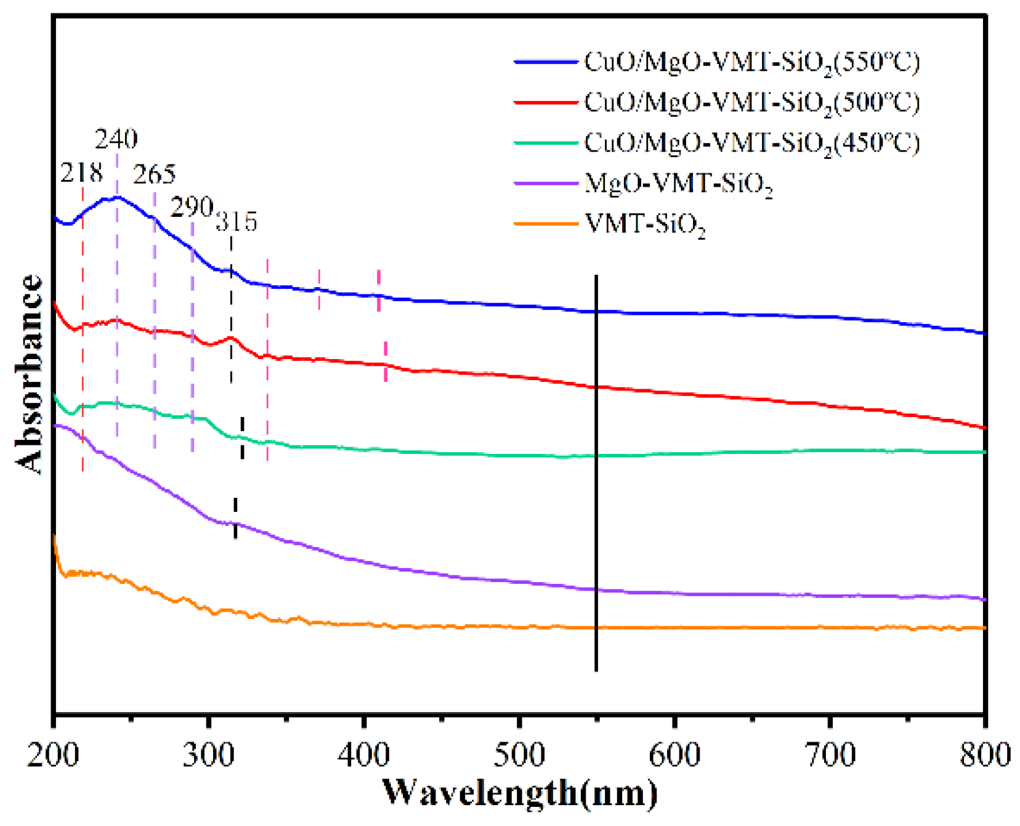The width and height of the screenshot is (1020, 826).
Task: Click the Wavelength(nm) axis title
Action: (x=519, y=793)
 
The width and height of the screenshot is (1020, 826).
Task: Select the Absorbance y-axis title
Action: (x=29, y=374)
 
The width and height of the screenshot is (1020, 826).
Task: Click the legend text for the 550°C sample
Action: (x=751, y=62)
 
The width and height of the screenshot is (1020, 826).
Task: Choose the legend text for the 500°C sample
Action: (x=751, y=102)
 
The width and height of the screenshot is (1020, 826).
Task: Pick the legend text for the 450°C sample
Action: (x=751, y=143)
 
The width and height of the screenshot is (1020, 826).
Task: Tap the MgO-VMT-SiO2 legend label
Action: (x=678, y=184)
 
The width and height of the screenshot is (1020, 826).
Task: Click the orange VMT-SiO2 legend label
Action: (x=645, y=224)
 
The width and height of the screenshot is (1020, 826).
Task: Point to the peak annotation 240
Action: (x=116, y=139)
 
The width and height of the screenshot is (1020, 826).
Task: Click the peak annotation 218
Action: (x=81, y=173)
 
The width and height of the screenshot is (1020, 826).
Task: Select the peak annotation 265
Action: (x=155, y=174)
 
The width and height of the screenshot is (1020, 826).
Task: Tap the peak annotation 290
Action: (x=192, y=208)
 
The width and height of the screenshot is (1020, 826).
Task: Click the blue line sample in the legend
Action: (x=545, y=62)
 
